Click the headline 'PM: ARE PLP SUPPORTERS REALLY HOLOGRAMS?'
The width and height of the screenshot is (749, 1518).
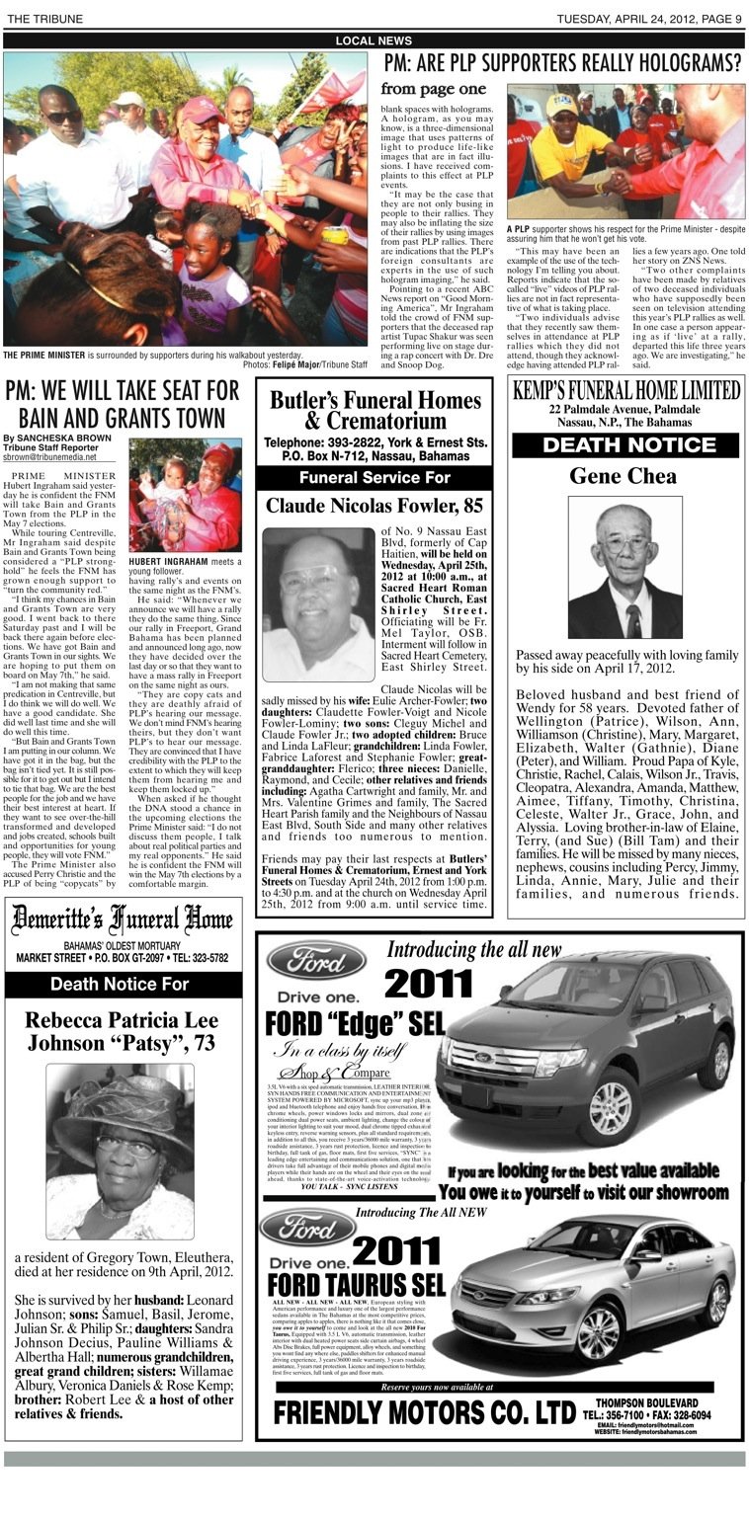pyautogui.click(x=561, y=65)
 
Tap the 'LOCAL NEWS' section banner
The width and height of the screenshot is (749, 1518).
pyautogui.click(x=374, y=40)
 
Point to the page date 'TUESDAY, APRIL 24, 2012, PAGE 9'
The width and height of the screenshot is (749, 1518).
pyautogui.click(x=648, y=19)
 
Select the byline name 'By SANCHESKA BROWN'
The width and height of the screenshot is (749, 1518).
pyautogui.click(x=45, y=438)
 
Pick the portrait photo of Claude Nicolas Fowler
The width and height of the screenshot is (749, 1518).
pyautogui.click(x=318, y=591)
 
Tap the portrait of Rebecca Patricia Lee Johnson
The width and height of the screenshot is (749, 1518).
pyautogui.click(x=120, y=1151)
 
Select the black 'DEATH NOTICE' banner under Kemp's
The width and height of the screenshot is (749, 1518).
pyautogui.click(x=625, y=444)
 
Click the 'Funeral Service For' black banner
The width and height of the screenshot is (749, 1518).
pyautogui.click(x=374, y=478)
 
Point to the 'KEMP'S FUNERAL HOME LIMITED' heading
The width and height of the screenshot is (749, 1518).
pyautogui.click(x=625, y=390)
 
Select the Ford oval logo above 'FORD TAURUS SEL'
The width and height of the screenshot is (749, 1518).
pyautogui.click(x=308, y=1227)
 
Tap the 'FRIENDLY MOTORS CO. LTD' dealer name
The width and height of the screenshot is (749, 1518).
pyautogui.click(x=424, y=1412)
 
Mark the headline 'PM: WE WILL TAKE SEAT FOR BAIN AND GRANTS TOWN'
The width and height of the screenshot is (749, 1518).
pyautogui.click(x=122, y=402)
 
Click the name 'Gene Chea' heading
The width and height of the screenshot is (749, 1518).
pyautogui.click(x=624, y=476)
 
